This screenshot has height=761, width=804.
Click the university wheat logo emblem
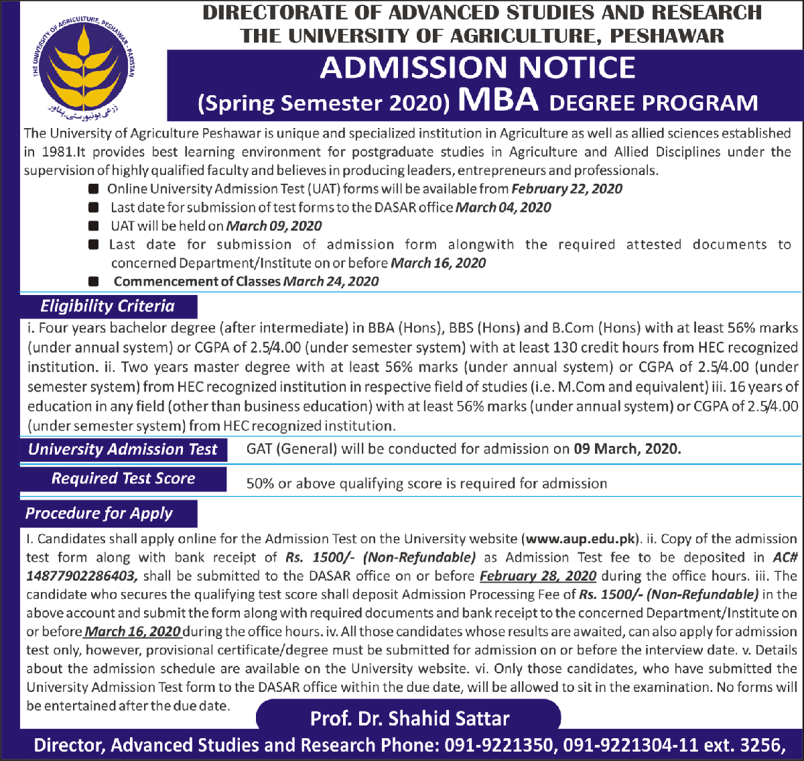click(84, 67)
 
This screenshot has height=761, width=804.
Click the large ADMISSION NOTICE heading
click(478, 68)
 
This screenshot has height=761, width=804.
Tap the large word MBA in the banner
click(498, 100)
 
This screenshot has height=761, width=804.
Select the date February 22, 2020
click(567, 189)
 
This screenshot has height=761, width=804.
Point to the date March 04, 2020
click(503, 208)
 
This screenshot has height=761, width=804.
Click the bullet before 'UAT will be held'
click(94, 226)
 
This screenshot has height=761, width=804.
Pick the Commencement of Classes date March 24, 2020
click(331, 282)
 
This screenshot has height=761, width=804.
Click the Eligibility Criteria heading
click(107, 306)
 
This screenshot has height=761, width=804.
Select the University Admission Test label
click(123, 449)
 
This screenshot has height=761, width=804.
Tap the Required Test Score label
click(123, 479)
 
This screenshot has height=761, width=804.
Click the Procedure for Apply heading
click(99, 514)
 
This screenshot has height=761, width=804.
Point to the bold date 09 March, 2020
click(627, 449)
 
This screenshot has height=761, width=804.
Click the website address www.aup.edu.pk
click(580, 539)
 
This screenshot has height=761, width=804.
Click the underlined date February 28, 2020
click(538, 576)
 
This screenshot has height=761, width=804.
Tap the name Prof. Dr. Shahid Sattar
click(409, 719)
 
